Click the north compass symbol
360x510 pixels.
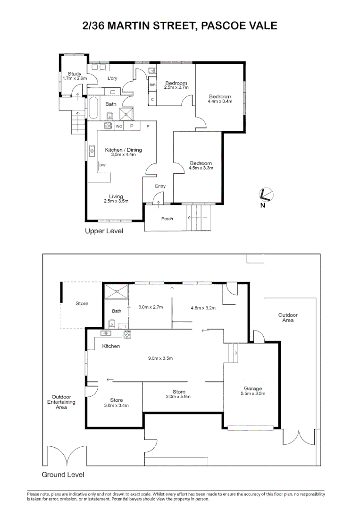tap(266, 195)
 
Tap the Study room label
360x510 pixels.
tap(75, 74)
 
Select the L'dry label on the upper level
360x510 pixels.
tap(112, 78)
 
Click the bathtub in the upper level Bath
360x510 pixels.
tap(92, 109)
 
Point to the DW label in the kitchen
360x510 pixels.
tap(102, 165)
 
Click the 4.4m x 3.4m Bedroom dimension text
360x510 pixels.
tap(221, 102)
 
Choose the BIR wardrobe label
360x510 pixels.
tap(152, 85)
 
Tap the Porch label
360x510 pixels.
tap(167, 219)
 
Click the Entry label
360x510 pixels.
tap(160, 186)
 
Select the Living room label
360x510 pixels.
tap(116, 196)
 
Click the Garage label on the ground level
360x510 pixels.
tap(253, 388)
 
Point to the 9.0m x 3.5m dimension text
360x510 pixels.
tap(160, 358)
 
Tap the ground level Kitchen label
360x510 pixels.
tap(111, 346)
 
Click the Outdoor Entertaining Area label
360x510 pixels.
tap(61, 402)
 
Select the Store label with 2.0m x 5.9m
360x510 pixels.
tap(179, 391)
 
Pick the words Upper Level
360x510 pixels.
tap(104, 231)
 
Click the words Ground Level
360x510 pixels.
tap(63, 475)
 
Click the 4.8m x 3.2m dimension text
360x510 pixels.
tap(203, 308)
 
